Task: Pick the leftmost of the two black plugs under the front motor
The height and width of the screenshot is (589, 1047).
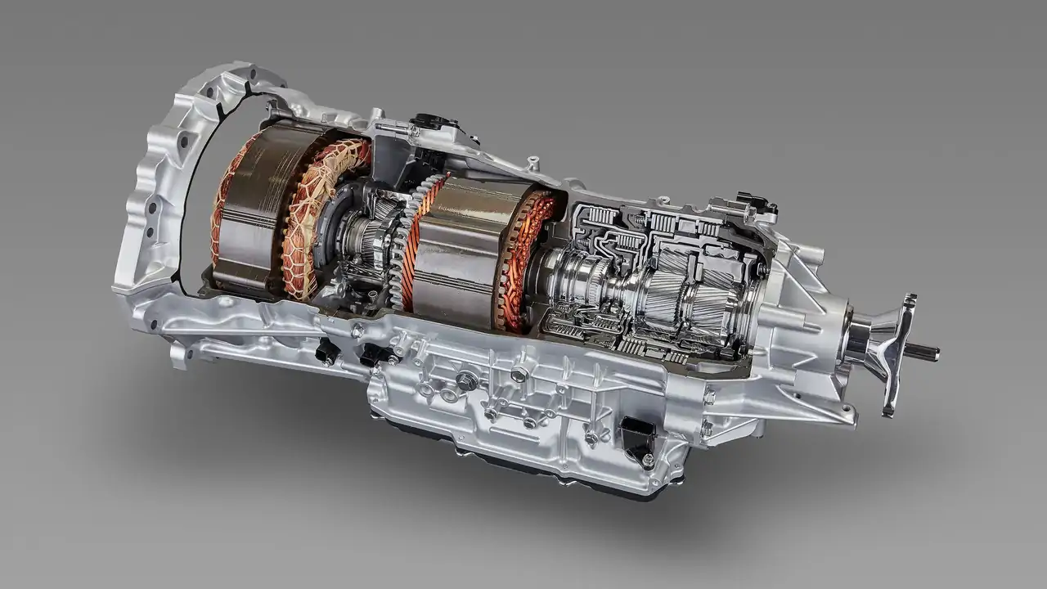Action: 326,352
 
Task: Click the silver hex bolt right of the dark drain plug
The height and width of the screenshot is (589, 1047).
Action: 519,375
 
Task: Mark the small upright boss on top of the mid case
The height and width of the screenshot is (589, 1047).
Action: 532,163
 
